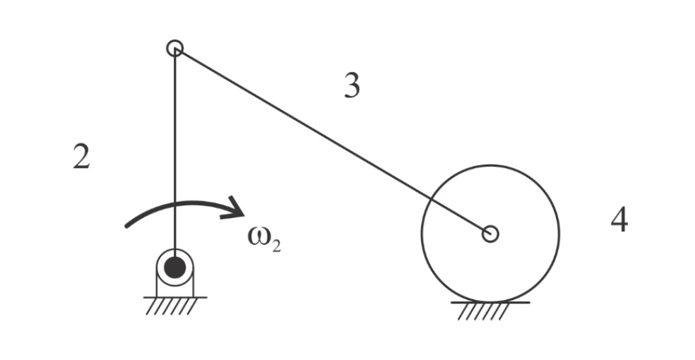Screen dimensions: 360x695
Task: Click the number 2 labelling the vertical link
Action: coord(81,157)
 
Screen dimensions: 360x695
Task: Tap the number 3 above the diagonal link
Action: coord(352,86)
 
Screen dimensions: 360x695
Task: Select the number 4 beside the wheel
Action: coord(619,222)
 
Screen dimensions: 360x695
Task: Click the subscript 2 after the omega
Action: coord(275,247)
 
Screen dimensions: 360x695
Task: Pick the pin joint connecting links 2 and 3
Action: coord(174,48)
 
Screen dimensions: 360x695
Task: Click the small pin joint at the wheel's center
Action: coord(490,234)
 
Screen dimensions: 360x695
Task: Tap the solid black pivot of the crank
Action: coord(174,268)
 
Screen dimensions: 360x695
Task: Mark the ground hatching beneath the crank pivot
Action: coord(174,305)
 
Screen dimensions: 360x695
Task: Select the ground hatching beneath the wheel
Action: coord(490,310)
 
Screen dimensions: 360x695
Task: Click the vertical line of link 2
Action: coord(174,141)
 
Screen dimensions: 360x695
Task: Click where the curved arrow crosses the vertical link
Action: coord(174,205)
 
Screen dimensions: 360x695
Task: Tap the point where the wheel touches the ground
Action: coord(490,301)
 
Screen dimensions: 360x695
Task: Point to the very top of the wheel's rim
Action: coord(490,165)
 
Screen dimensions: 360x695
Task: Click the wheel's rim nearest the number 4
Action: coord(559,232)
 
